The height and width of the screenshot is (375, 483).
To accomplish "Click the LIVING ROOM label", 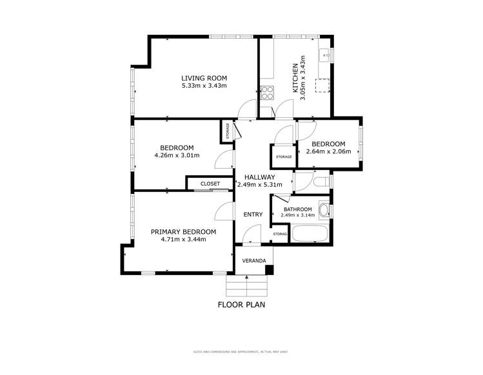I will click(204, 78).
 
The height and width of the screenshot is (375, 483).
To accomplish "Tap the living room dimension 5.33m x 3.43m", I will click(204, 86).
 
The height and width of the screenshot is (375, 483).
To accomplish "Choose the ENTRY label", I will click(253, 215).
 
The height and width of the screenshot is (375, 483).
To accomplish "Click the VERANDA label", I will click(253, 260).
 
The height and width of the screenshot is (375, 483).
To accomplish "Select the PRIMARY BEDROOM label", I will click(183, 232).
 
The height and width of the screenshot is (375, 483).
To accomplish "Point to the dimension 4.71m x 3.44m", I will click(183, 240).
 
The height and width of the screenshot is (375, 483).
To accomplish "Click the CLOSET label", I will click(210, 184).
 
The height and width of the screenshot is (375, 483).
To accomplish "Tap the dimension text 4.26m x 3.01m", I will click(177, 155).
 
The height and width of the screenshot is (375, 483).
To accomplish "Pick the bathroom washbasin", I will click(324, 210).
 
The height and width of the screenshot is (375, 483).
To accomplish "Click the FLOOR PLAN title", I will click(241, 305).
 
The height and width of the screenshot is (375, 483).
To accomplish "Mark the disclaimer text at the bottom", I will click(241, 352).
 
